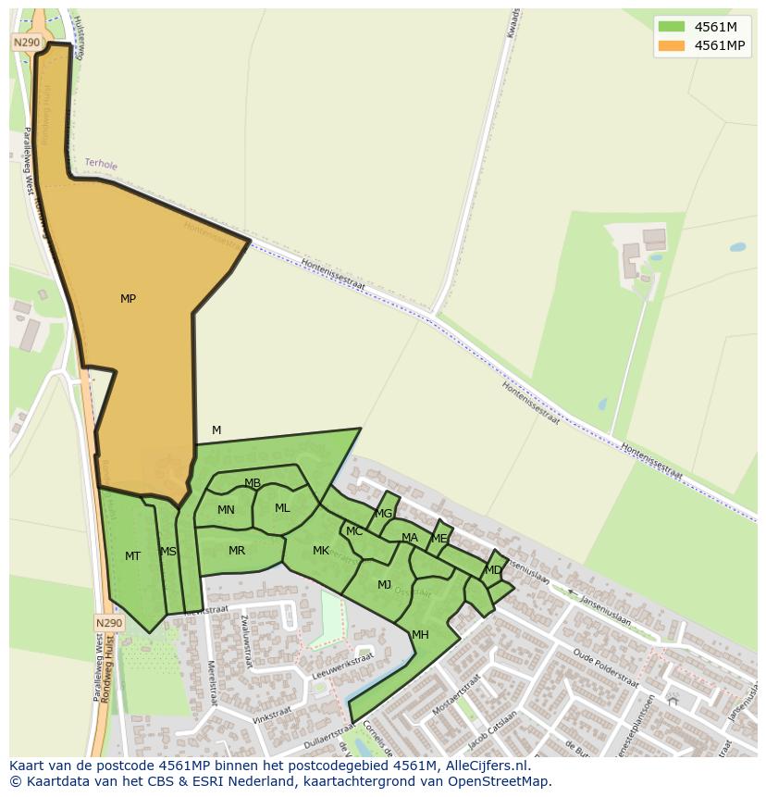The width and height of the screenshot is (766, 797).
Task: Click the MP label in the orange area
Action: tap(128, 299)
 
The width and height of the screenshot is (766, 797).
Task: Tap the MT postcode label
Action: tap(132, 556)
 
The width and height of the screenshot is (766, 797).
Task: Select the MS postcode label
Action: tap(167, 552)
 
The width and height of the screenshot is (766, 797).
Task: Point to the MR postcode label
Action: tap(237, 551)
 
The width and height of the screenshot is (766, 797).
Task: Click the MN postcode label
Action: tap(226, 510)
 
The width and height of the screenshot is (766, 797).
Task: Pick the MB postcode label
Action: tap(253, 483)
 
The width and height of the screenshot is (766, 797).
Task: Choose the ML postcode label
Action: tap(282, 508)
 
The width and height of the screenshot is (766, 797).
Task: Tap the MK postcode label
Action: tap(321, 551)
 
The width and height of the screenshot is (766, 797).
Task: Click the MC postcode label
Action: tap(354, 531)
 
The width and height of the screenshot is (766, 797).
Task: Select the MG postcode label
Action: tap(384, 514)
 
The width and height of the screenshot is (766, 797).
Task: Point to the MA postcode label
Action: tap(410, 538)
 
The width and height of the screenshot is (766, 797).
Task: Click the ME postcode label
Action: tap(439, 539)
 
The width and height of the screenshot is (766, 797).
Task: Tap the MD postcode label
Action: tap(493, 570)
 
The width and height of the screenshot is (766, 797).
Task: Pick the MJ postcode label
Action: tap(385, 585)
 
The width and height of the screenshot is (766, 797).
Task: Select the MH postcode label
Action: tap(420, 635)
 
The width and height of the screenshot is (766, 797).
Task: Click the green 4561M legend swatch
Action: tap(672, 27)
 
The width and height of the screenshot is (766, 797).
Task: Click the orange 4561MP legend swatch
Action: tap(672, 45)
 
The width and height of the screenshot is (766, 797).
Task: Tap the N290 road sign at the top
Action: tap(27, 43)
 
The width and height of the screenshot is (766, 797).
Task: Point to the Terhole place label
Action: tap(101, 164)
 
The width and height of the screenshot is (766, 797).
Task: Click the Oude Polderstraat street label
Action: tap(605, 668)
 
